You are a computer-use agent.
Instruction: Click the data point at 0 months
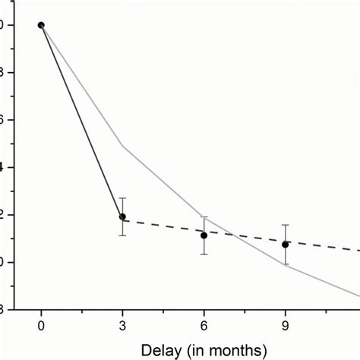(41, 25)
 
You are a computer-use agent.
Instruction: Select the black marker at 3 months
(122, 216)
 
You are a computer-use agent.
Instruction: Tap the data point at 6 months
(204, 235)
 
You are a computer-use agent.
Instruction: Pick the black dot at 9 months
(285, 245)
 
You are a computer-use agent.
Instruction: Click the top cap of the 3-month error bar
(122, 198)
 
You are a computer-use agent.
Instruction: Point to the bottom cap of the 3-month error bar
(122, 235)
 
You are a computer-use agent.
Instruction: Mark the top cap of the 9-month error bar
(285, 225)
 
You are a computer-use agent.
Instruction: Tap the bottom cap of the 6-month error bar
(204, 254)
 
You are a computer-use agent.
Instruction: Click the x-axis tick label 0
(41, 326)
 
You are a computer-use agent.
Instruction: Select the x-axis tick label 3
(122, 326)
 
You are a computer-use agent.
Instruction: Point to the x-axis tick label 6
(204, 326)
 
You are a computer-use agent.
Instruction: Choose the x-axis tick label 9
(285, 326)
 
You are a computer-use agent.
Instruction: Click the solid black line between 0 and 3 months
(81, 121)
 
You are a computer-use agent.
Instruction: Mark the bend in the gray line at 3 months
(122, 145)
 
